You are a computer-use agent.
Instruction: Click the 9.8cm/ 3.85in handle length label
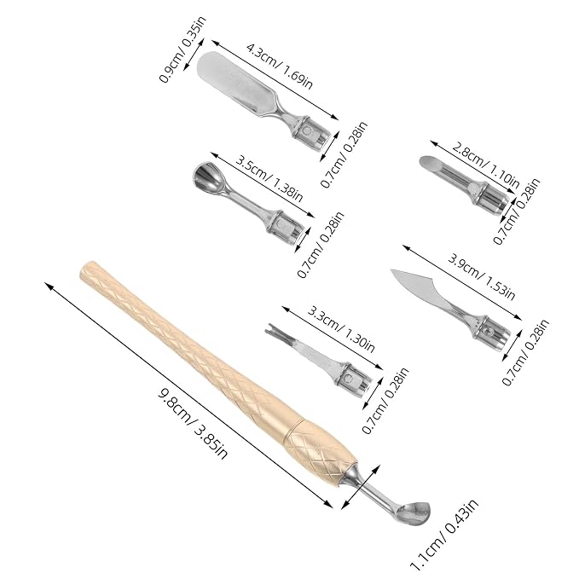(x=193, y=424)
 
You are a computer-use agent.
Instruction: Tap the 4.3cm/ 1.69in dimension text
(x=280, y=67)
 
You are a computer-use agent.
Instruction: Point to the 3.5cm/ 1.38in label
(x=269, y=179)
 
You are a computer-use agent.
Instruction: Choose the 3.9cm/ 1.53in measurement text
(x=481, y=276)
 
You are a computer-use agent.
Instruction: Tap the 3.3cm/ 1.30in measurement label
(x=341, y=328)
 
